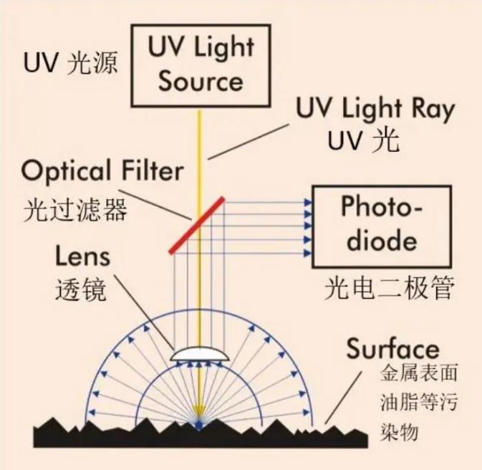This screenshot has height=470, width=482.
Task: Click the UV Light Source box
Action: pos(200,64)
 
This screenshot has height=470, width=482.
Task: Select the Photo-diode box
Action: pos(380,226)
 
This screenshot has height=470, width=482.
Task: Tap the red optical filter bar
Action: pos(197,224)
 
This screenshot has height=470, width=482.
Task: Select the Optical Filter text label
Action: pos(102,172)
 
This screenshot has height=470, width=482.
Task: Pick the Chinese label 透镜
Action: pos(80,289)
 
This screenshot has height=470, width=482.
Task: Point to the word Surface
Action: pos(392,348)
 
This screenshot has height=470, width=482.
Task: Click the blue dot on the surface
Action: pos(198,426)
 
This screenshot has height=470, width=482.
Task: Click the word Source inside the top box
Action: pos(201,80)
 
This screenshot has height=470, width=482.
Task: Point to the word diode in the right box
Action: pos(380,240)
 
